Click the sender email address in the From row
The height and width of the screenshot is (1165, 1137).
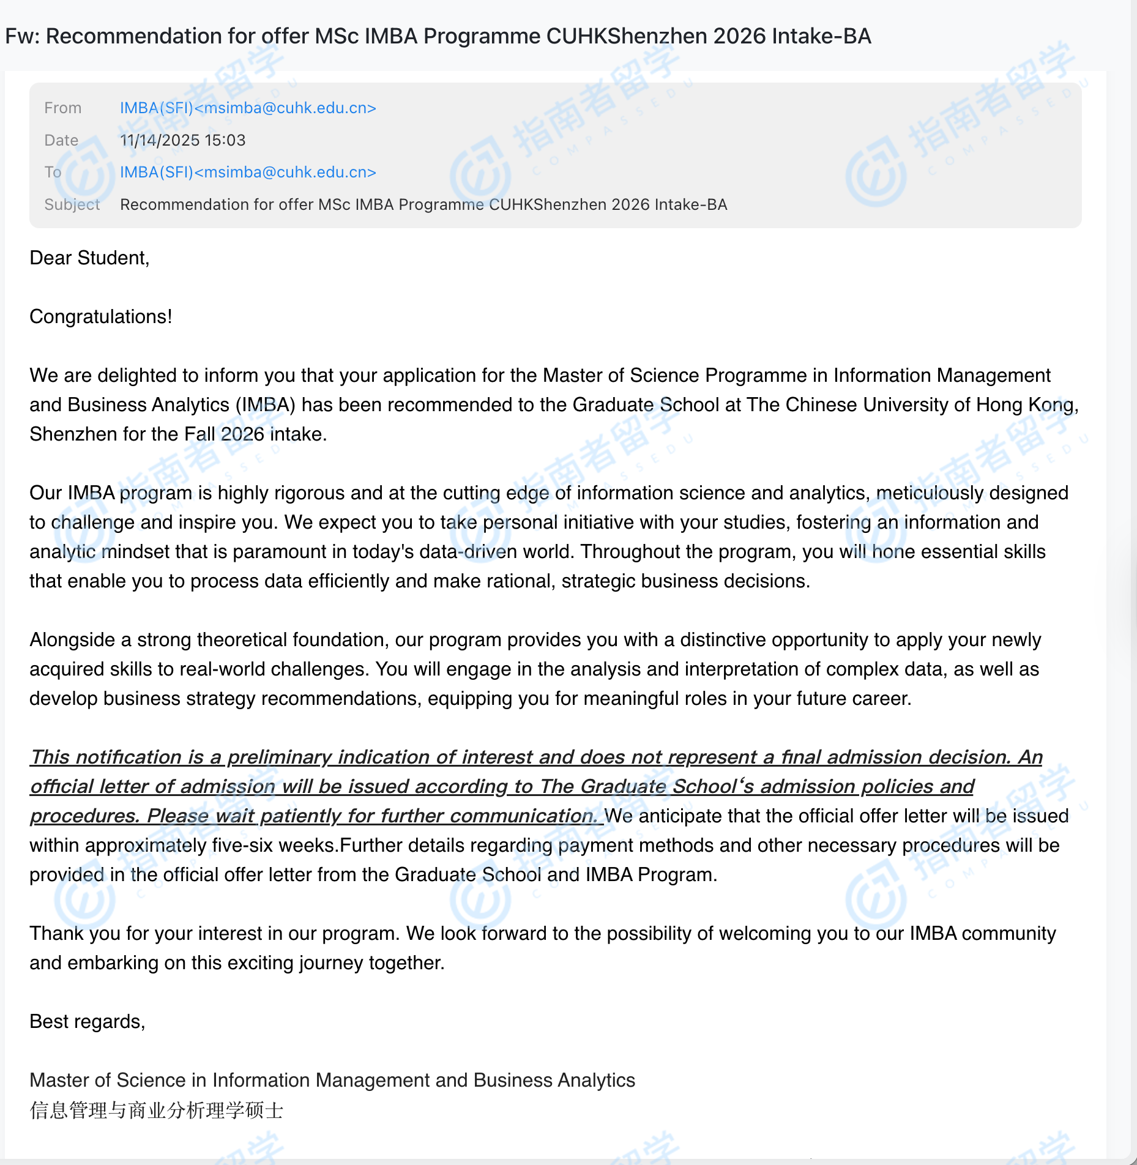click(x=248, y=108)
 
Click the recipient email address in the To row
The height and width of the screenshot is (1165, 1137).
click(x=248, y=173)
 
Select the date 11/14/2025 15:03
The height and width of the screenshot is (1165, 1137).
click(x=182, y=141)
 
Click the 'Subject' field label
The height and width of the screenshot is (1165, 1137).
click(x=72, y=205)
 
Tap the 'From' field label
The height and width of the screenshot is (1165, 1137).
click(x=62, y=108)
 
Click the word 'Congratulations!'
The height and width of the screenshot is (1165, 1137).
click(x=101, y=317)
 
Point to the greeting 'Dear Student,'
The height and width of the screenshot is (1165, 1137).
click(x=89, y=258)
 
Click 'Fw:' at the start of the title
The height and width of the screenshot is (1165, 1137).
click(x=22, y=37)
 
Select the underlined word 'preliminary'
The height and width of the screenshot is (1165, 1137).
click(x=279, y=757)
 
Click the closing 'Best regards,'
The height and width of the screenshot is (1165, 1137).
click(x=88, y=1022)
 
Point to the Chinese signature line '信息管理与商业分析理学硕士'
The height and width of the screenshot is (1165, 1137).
click(x=157, y=1111)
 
